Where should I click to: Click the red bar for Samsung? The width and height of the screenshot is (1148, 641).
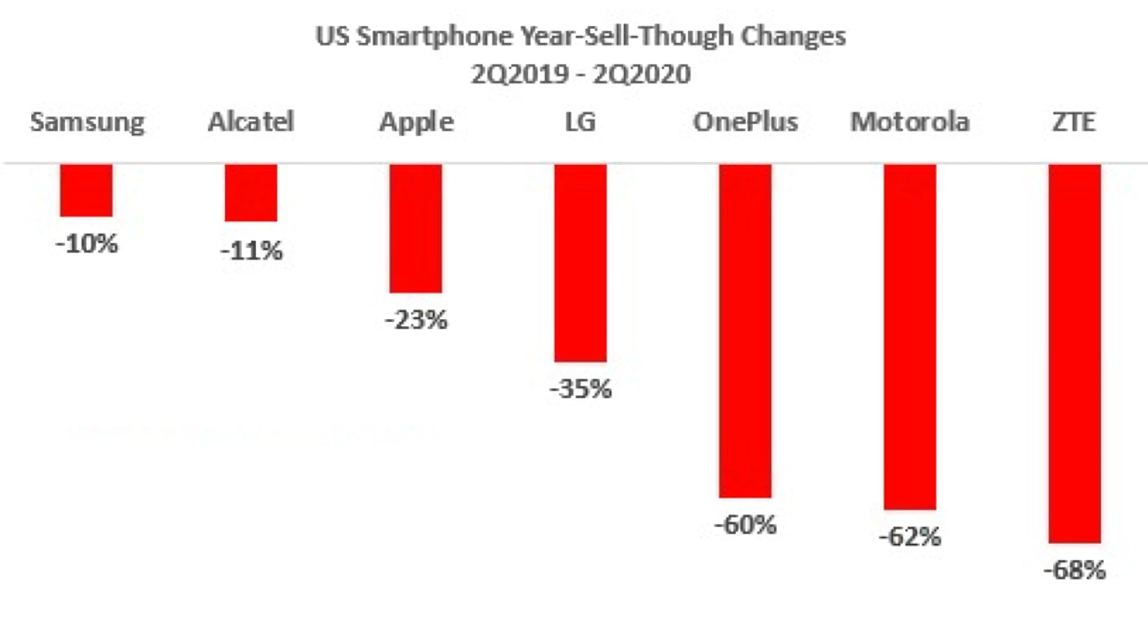click(x=86, y=190)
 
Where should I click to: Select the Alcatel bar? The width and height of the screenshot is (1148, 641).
click(x=251, y=193)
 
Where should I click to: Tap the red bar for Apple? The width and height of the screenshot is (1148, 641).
click(x=415, y=228)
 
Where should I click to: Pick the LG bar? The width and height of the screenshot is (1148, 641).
click(x=580, y=263)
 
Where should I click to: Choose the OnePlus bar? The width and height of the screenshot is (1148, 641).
click(x=745, y=330)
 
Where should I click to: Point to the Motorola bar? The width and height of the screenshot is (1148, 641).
click(x=910, y=336)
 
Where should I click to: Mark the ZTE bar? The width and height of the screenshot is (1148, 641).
click(x=1075, y=353)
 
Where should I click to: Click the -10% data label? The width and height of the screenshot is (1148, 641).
click(x=86, y=244)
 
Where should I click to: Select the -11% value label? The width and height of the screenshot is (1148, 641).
click(x=251, y=251)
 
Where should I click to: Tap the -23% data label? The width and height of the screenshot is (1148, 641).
click(x=416, y=320)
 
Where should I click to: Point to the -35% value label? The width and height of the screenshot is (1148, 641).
click(x=581, y=389)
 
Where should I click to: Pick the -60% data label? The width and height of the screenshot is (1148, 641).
click(x=745, y=525)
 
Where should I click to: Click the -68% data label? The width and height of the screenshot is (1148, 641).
click(x=1075, y=571)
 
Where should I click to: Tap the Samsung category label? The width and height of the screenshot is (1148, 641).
click(x=87, y=123)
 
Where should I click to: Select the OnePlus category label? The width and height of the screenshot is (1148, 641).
click(x=745, y=122)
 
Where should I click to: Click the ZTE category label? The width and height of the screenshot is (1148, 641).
click(x=1073, y=122)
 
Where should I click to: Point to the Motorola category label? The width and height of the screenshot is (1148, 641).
click(x=910, y=122)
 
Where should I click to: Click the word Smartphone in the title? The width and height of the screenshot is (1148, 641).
click(x=435, y=37)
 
